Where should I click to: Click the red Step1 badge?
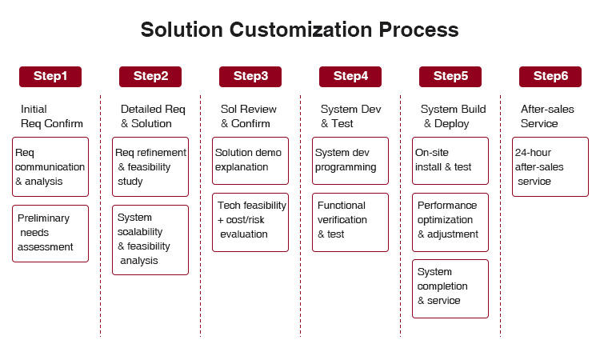pyautogui.click(x=50, y=76)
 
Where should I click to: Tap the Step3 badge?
pyautogui.click(x=250, y=76)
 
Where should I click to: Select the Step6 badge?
pyautogui.click(x=550, y=76)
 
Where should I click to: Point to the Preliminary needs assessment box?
pyautogui.click(x=50, y=233)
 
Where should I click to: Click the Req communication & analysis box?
pyautogui.click(x=50, y=166)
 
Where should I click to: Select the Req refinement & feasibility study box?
pyautogui.click(x=150, y=166)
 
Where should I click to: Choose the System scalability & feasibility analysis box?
pyautogui.click(x=150, y=239)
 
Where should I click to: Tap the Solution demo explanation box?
pyautogui.click(x=250, y=160)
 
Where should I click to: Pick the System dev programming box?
pyautogui.click(x=350, y=160)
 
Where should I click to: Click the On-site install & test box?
pyautogui.click(x=450, y=160)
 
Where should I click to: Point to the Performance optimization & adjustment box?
pyautogui.click(x=450, y=220)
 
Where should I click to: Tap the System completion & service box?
pyautogui.click(x=450, y=286)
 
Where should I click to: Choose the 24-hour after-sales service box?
pyautogui.click(x=550, y=166)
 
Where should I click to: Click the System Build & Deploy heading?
pyautogui.click(x=453, y=117)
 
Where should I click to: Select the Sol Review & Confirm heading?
pyautogui.click(x=249, y=117)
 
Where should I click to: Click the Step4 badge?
pyautogui.click(x=350, y=76)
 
